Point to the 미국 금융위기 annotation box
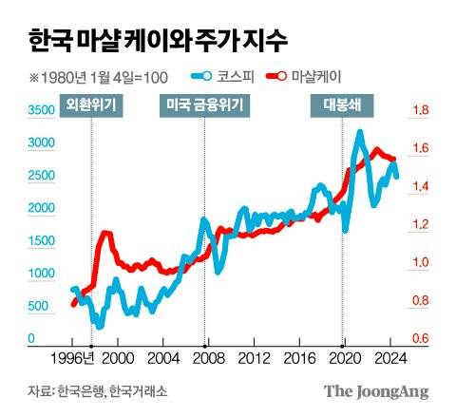tap(205, 105)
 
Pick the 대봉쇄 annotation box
tap(342, 105)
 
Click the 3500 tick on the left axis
tap(42, 111)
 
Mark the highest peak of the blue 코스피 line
tap(359, 132)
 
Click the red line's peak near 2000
tap(105, 233)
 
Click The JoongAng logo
tap(375, 390)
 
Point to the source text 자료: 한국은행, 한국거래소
tap(90, 390)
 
